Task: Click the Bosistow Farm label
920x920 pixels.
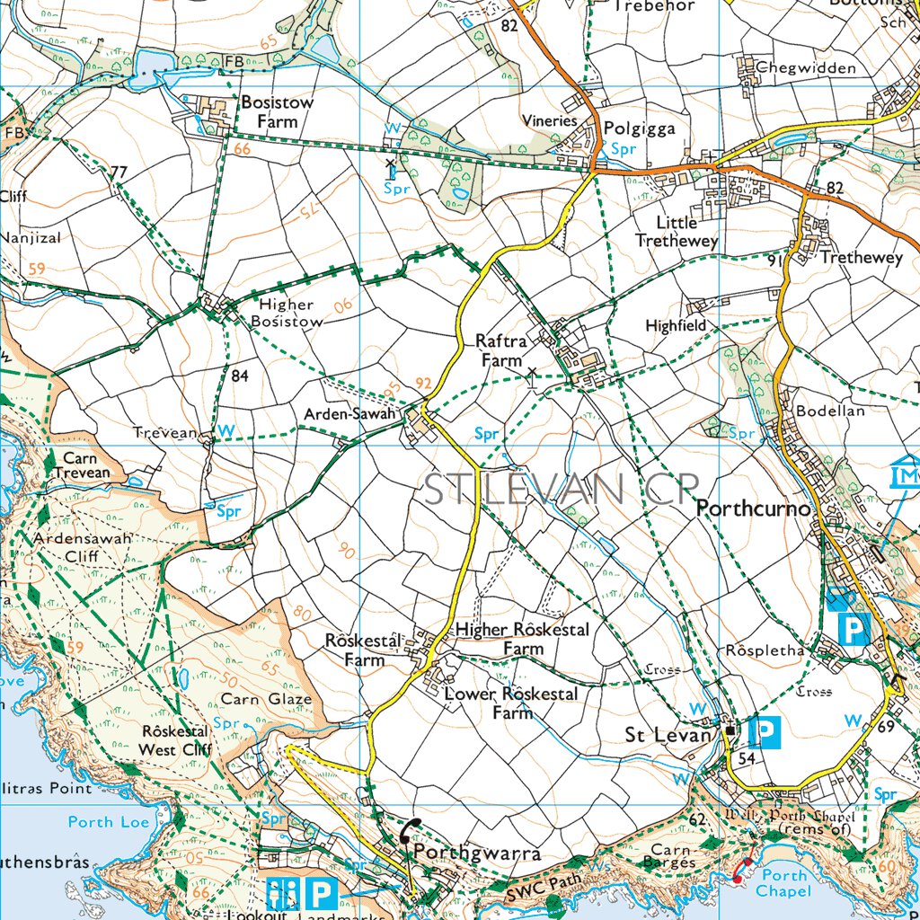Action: click(x=277, y=111)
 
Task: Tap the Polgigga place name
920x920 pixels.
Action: click(x=639, y=128)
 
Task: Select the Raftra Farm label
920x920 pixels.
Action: click(x=500, y=350)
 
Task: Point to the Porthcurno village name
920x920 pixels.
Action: click(x=755, y=509)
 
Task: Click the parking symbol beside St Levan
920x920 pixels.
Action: click(x=764, y=734)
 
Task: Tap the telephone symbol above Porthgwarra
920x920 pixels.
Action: click(x=411, y=830)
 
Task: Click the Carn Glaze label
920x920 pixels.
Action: click(x=266, y=698)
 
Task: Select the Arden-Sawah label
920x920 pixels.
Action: click(x=349, y=414)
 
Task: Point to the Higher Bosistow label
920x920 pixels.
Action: click(x=286, y=313)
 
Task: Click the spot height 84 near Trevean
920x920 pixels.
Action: click(x=238, y=376)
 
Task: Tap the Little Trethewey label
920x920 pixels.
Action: click(x=676, y=232)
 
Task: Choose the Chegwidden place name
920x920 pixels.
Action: click(x=805, y=68)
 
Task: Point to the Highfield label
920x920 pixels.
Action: click(x=676, y=326)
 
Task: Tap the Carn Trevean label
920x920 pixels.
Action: click(x=81, y=465)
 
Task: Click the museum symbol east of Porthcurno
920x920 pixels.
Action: click(x=907, y=473)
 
